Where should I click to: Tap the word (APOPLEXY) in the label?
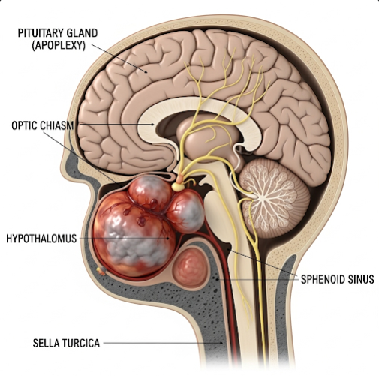[59, 45]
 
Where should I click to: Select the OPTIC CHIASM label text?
[43, 125]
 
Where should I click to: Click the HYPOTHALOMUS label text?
[41, 239]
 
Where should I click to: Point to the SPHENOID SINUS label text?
[338, 279]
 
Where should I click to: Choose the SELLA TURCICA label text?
[66, 343]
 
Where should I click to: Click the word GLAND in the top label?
[83, 33]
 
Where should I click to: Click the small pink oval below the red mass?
[191, 268]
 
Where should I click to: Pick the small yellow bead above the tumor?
[178, 186]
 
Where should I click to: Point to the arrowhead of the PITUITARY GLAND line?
[146, 71]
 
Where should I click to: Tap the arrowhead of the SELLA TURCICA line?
[221, 343]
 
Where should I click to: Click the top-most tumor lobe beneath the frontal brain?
[150, 191]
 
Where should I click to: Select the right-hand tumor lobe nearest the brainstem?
[186, 212]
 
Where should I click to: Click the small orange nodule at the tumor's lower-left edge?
[101, 270]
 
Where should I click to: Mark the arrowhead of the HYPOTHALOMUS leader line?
[168, 239]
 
